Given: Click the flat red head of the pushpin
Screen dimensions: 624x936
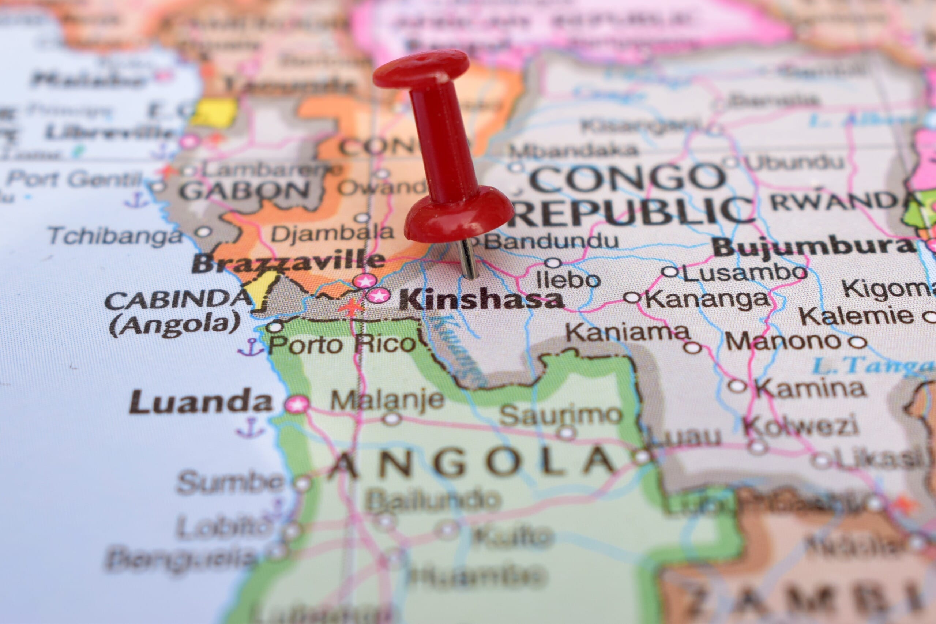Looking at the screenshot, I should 421,68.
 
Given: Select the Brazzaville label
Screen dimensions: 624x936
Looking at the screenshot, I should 288,262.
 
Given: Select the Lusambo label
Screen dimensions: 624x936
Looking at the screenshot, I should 745,272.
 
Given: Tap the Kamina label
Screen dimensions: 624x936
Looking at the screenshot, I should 810,388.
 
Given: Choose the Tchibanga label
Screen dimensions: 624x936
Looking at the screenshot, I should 116,236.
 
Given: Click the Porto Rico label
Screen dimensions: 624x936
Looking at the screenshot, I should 342,344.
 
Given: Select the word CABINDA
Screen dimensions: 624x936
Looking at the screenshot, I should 179,300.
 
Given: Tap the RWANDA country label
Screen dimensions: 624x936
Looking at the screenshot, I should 836,201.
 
